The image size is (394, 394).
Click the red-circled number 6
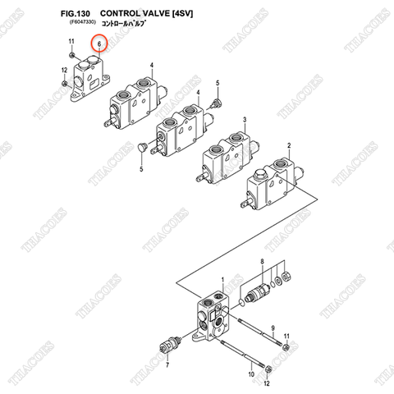pyautogui.click(x=99, y=43)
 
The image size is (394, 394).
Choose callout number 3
pyautogui.click(x=244, y=119)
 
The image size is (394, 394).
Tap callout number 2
pyautogui.click(x=288, y=145)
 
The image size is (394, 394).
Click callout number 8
pyautogui.click(x=261, y=262)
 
